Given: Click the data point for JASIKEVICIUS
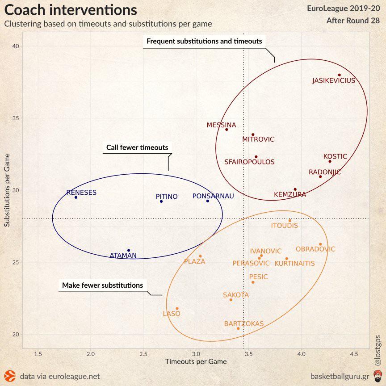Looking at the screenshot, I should (340, 75).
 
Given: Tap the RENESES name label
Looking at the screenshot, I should (81, 193).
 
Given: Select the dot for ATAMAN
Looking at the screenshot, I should (129, 251).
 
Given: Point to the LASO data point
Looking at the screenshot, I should (177, 308).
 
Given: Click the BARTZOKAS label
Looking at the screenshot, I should (244, 323).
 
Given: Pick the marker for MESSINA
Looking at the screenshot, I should (227, 130).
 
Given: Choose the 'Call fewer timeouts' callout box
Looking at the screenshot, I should (137, 147).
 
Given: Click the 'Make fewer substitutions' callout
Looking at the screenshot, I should (102, 285).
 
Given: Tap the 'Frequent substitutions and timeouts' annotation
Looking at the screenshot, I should (204, 41).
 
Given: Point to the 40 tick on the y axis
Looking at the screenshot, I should (15, 46).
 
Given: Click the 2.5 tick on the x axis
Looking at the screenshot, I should (143, 354).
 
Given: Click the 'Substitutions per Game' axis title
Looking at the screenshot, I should (7, 190).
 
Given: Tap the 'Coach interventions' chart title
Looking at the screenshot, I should (71, 10).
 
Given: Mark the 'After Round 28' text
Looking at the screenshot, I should (353, 21).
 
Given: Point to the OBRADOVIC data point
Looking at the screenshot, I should (320, 244).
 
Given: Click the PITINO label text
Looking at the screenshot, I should (167, 197).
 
